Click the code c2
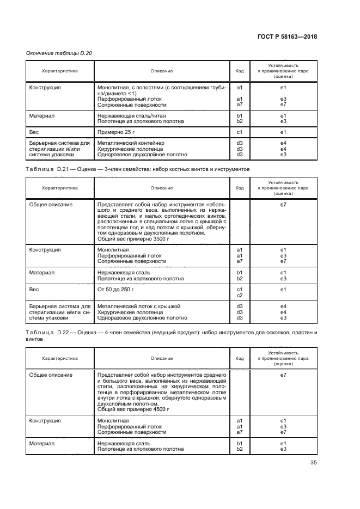(x=239, y=296)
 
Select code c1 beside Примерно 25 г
(x=239, y=132)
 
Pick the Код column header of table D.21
(x=239, y=188)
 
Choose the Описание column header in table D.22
(x=162, y=358)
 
